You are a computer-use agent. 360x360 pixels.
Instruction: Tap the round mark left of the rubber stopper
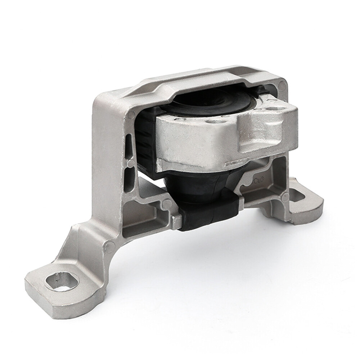[167, 204]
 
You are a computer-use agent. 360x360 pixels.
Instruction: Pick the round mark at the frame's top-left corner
[131, 114]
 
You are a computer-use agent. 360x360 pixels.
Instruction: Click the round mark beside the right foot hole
[285, 197]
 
